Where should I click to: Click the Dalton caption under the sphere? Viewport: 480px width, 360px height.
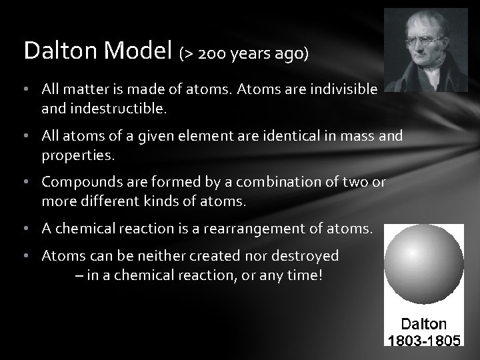(424, 324)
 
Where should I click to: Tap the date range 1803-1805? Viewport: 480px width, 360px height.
(424, 340)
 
